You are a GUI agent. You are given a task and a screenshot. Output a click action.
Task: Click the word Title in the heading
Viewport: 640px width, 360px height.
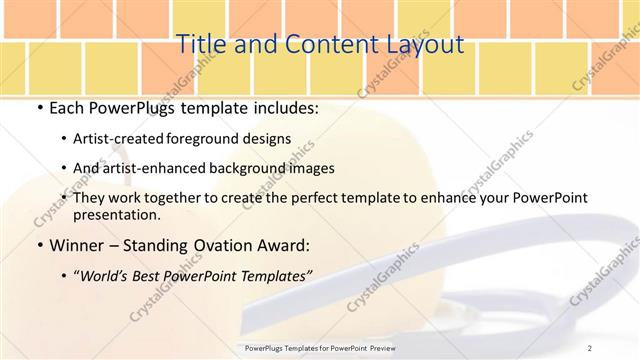200,44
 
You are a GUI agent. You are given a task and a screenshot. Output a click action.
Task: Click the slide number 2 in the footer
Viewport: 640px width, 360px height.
589,347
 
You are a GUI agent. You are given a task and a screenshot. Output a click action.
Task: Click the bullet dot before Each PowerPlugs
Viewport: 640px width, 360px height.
39,106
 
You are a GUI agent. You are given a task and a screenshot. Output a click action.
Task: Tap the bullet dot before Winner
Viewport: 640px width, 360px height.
39,245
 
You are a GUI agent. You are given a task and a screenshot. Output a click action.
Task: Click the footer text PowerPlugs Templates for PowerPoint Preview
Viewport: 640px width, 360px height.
319,347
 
